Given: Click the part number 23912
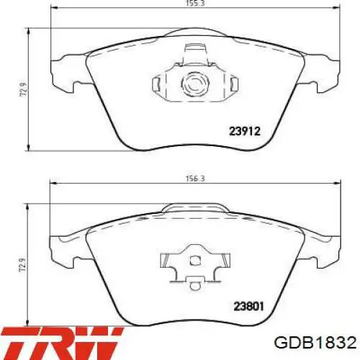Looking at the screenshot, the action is coord(245,131).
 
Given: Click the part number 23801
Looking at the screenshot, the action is coord(248,307).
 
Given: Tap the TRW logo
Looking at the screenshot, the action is coord(62,343).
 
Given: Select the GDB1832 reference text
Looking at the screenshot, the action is coord(315,343).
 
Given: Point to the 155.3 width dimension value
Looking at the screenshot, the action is coord(195,3).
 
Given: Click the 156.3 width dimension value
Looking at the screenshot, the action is coord(195,179).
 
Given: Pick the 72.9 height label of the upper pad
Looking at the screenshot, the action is coord(24,90).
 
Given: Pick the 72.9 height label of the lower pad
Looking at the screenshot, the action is coord(22,266).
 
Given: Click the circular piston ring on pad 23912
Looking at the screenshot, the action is coord(195,84).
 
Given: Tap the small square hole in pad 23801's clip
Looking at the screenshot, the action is coord(195,261).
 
